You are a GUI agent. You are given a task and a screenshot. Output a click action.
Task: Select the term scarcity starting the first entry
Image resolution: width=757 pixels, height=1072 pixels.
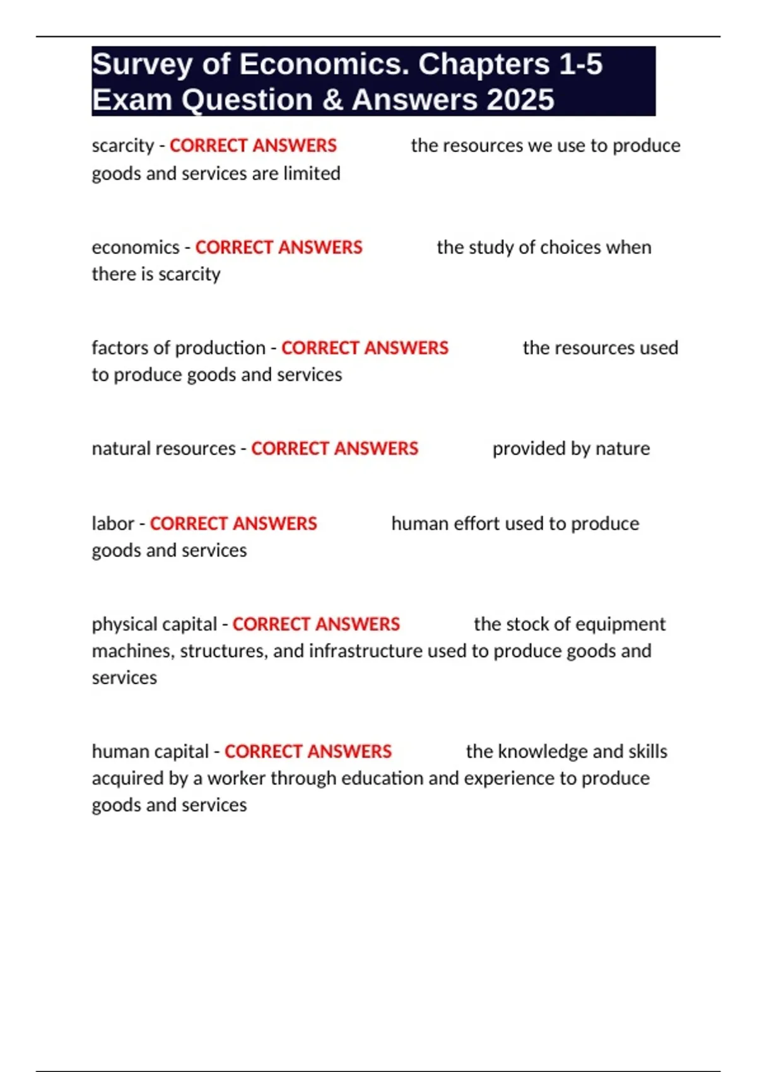(122, 146)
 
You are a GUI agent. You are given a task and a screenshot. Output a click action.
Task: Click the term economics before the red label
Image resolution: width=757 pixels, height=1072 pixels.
(136, 247)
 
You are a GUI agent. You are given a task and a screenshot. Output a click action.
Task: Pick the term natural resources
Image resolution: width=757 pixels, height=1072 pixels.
(163, 448)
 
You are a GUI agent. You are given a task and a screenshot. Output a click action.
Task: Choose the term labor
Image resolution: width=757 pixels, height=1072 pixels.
(113, 523)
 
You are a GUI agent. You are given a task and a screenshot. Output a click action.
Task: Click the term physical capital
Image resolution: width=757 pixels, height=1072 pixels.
(154, 624)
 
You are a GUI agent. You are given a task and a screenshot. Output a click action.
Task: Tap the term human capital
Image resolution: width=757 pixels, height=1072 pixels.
(150, 752)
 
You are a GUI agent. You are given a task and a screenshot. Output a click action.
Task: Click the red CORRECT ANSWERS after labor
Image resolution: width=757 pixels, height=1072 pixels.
(233, 523)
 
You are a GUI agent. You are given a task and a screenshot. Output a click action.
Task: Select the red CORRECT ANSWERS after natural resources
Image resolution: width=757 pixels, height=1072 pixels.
(334, 448)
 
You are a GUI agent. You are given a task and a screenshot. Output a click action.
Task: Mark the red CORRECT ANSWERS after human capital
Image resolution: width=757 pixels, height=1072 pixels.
(308, 752)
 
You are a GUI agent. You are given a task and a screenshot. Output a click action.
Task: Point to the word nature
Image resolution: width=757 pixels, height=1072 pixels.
(623, 448)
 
